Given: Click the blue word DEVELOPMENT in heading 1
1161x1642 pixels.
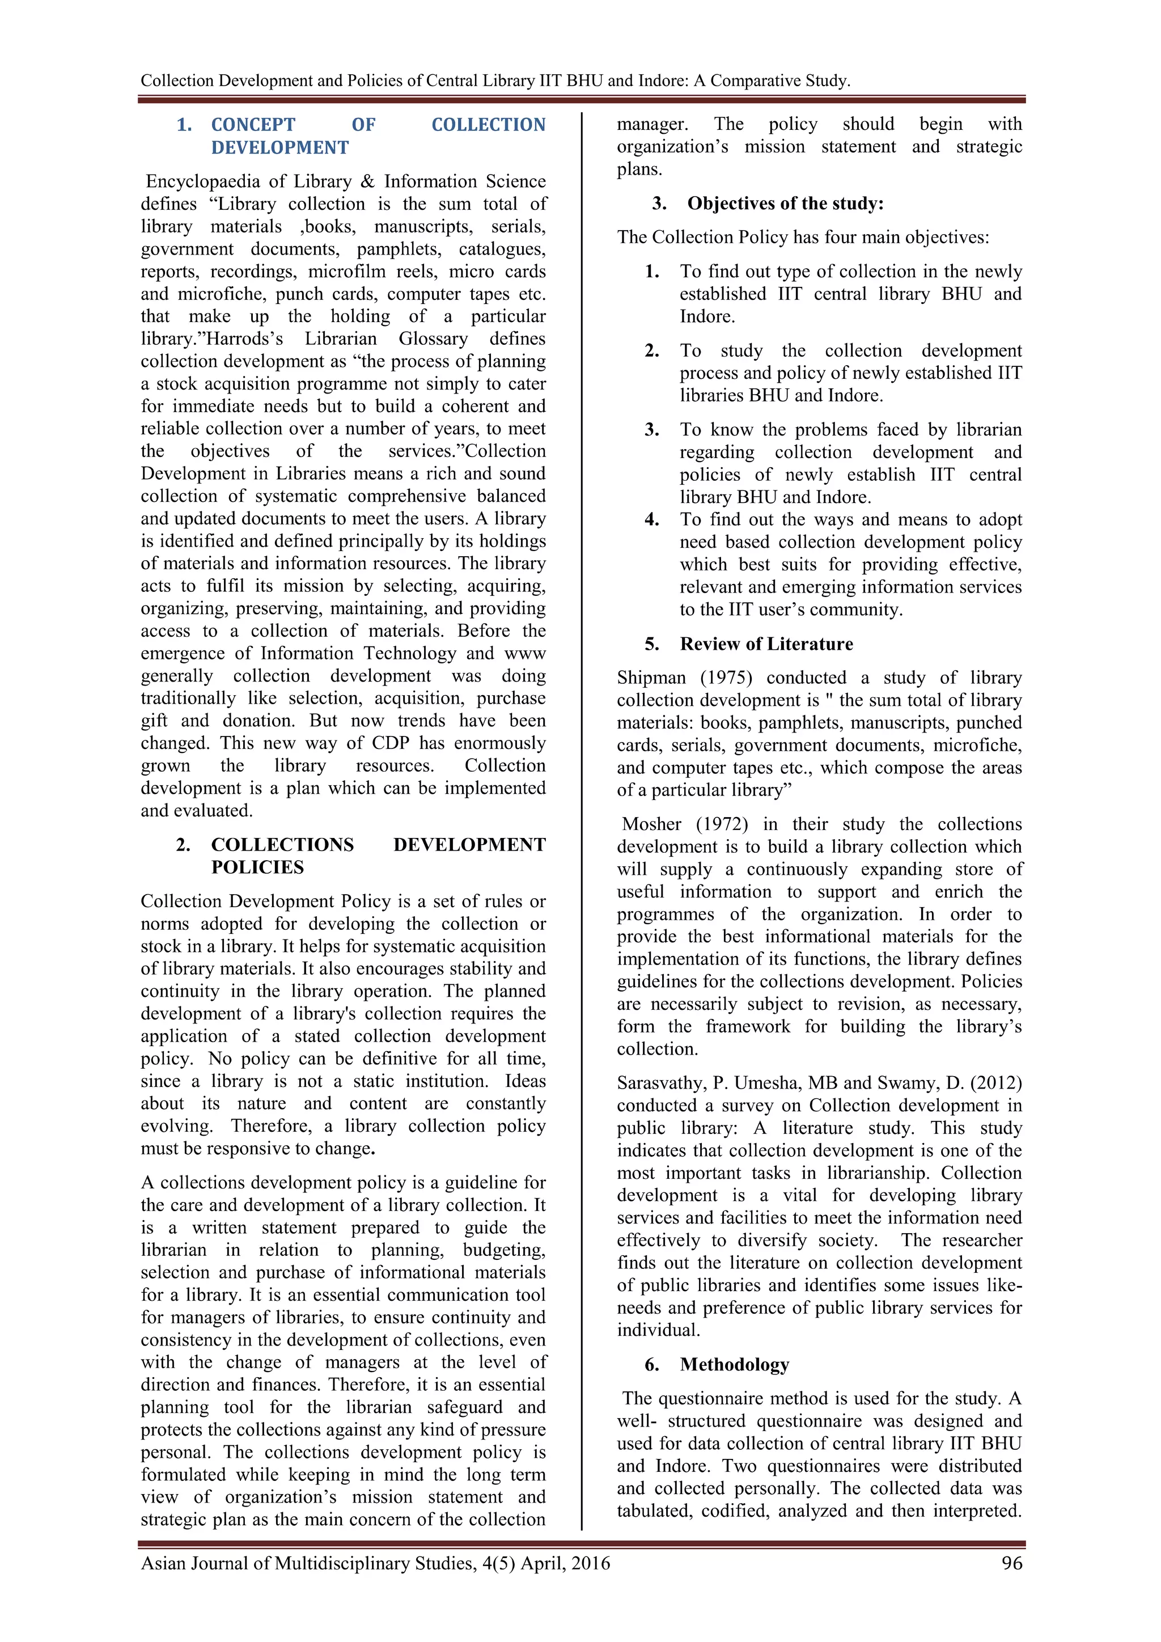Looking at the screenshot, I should [x=279, y=148].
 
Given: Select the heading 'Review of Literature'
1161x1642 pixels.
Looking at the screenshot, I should [x=766, y=644].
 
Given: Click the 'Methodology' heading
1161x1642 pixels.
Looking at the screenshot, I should [x=734, y=1365].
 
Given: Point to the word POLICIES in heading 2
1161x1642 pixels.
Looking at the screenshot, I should [x=257, y=867].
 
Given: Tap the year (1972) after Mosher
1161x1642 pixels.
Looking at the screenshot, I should [x=722, y=824].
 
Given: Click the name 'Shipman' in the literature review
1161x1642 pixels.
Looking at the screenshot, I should [x=651, y=678].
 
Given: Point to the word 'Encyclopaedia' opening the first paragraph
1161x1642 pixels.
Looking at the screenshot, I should [x=203, y=181].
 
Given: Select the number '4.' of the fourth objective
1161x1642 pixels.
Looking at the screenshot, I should [x=652, y=520].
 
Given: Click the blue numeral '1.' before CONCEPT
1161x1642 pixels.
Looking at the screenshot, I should [x=184, y=125].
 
